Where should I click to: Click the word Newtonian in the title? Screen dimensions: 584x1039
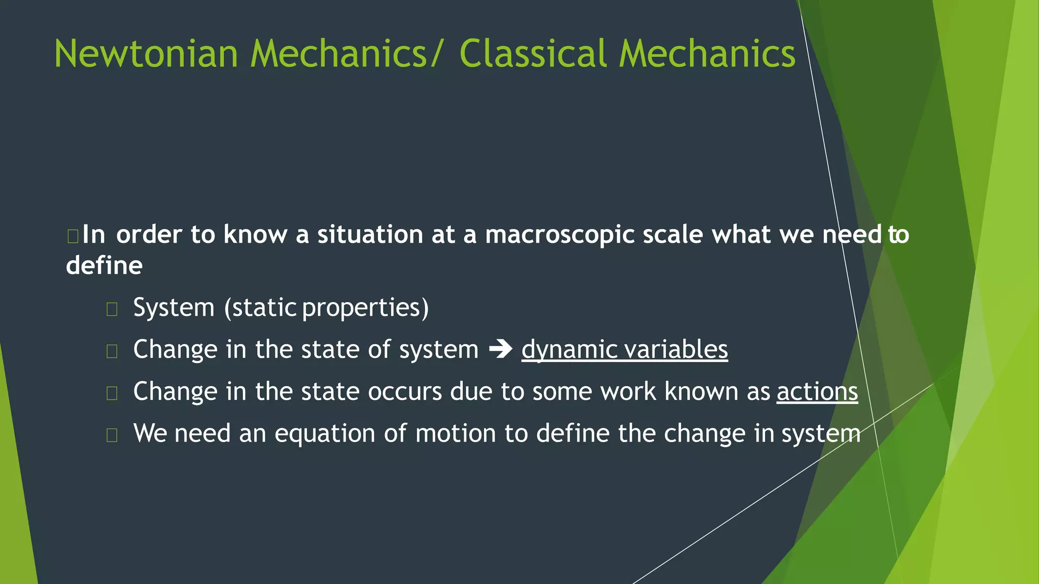point(146,54)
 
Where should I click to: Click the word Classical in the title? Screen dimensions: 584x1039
point(533,54)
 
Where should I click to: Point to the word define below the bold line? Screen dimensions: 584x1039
point(104,266)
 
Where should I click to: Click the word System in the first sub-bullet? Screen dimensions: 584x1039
point(174,308)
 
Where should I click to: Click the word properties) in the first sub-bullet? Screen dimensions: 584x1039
point(365,308)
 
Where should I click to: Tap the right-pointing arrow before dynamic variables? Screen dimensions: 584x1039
point(500,350)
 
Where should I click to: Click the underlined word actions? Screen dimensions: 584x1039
point(817,392)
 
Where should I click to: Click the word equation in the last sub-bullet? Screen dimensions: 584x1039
point(325,434)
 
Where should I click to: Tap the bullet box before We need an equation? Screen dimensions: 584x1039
point(112,435)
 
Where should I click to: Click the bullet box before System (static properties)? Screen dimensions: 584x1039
point(112,309)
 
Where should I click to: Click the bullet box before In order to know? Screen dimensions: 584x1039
point(73,236)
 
